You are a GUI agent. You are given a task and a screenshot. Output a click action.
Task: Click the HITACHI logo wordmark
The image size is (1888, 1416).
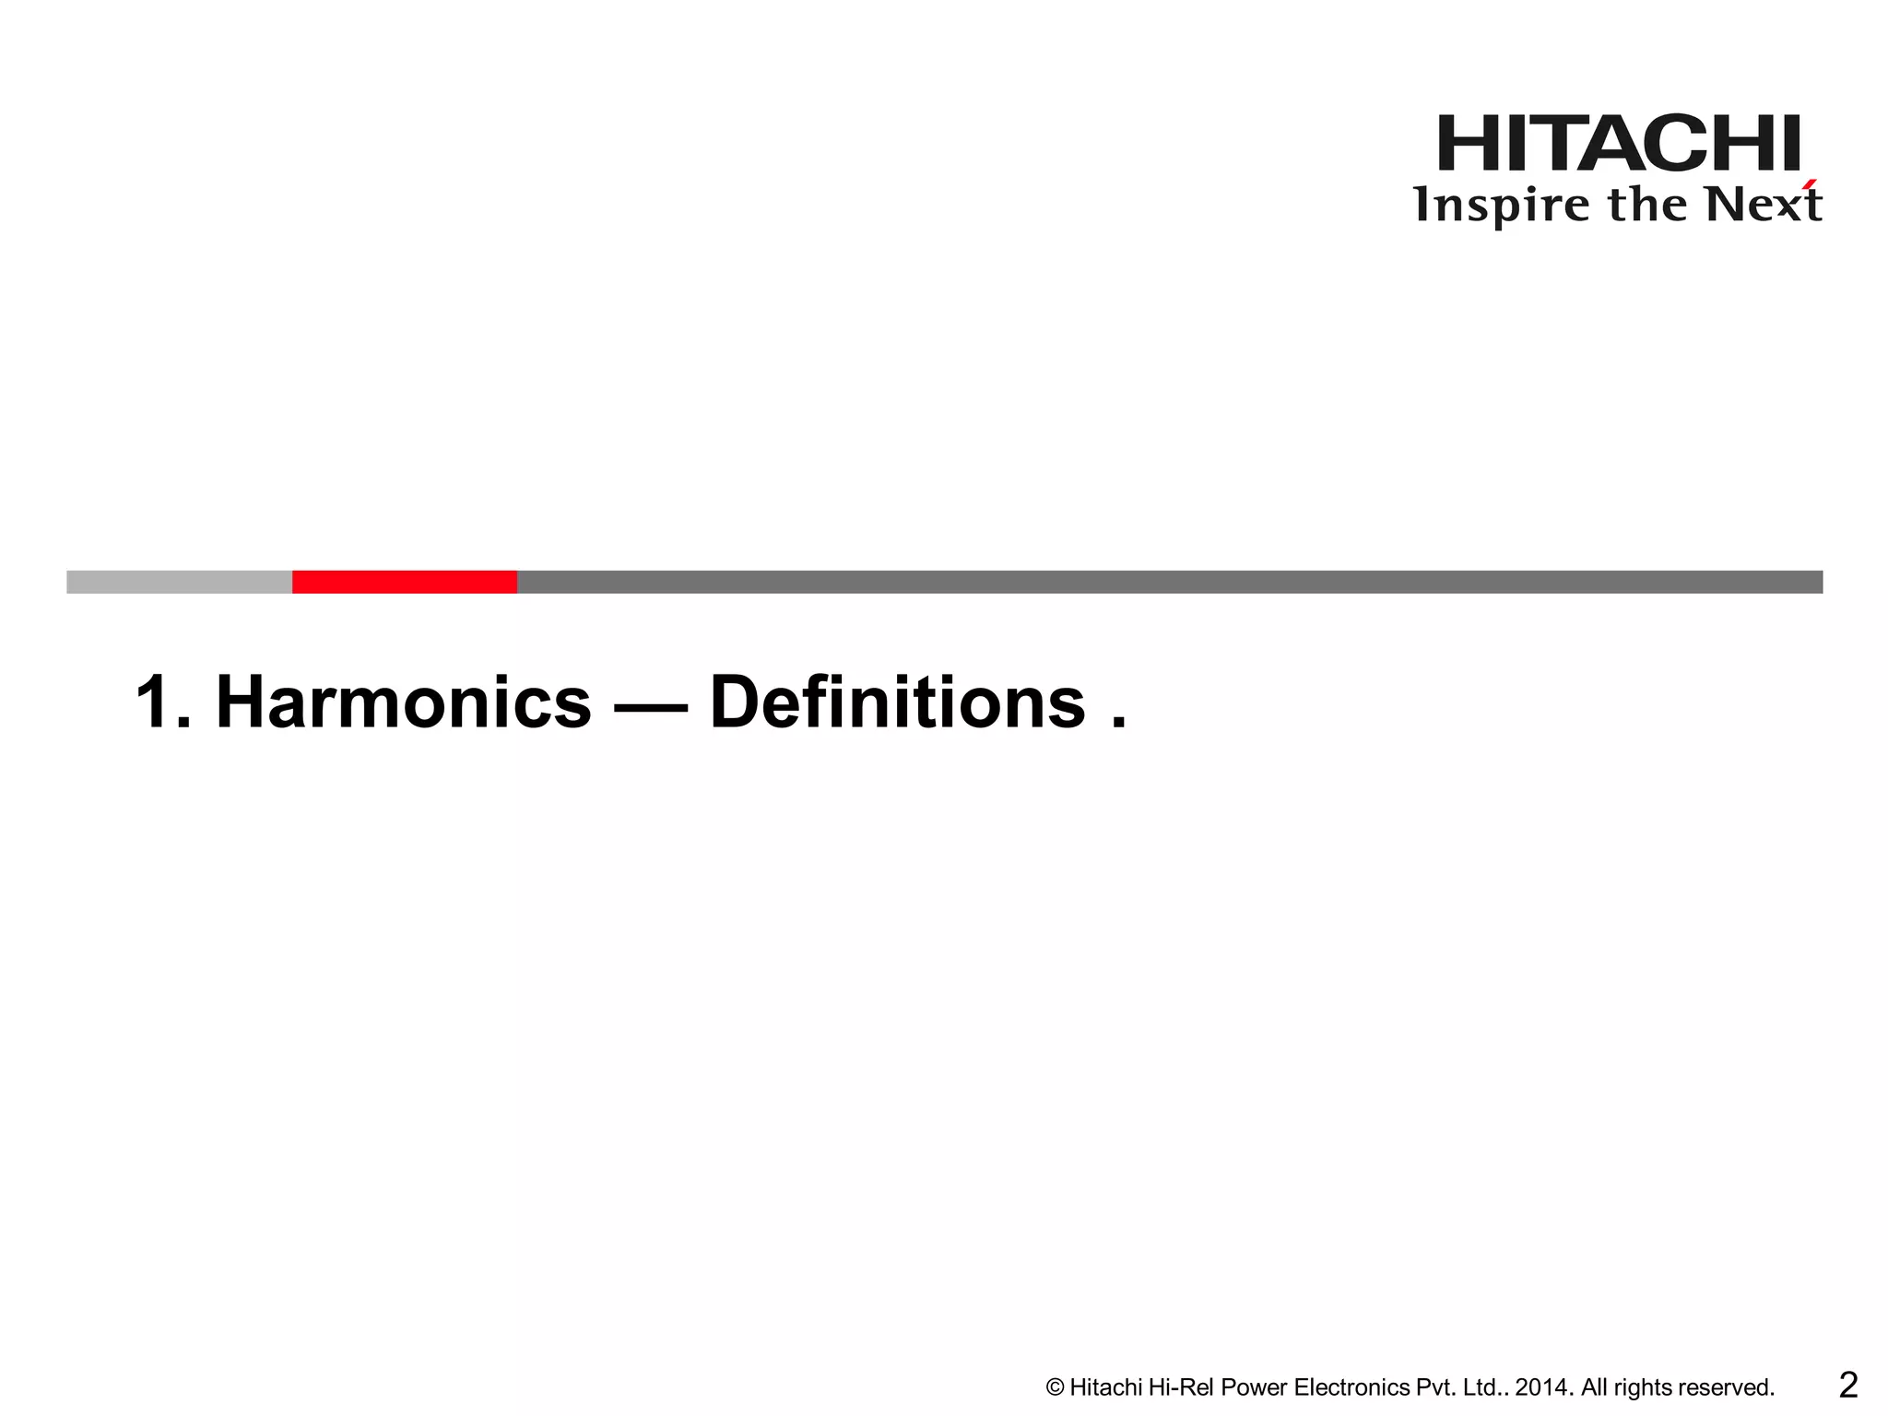click(x=1619, y=144)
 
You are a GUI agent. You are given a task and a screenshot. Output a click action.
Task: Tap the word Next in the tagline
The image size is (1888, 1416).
click(x=1763, y=205)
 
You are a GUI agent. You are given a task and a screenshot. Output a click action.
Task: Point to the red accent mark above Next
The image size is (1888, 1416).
click(x=1811, y=184)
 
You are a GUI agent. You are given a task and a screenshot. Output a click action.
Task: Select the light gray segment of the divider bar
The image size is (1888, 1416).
click(x=179, y=582)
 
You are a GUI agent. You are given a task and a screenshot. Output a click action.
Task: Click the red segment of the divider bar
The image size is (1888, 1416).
click(x=404, y=582)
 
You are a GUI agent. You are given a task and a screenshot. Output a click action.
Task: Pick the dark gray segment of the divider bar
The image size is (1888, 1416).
click(x=1169, y=582)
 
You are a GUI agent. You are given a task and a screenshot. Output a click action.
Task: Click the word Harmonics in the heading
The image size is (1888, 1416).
click(x=403, y=702)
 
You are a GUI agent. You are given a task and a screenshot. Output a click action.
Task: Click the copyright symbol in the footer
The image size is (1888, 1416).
click(x=1056, y=1387)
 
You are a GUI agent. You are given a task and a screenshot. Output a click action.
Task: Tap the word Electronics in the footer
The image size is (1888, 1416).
click(x=1351, y=1387)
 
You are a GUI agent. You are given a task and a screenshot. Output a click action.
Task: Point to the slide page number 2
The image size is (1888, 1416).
click(x=1847, y=1385)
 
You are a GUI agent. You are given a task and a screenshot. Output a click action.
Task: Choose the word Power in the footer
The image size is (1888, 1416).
click(x=1254, y=1387)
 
